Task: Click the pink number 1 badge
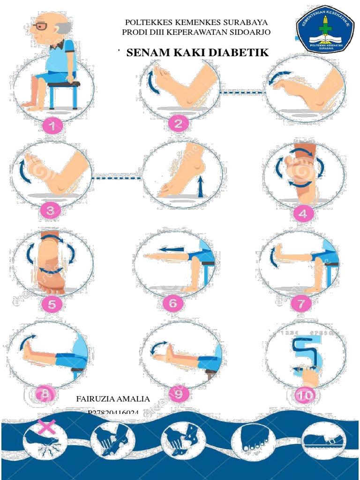(x=53, y=125)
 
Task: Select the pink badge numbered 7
(x=300, y=303)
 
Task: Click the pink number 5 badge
(x=52, y=305)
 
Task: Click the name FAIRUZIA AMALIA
(x=113, y=399)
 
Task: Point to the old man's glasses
(x=41, y=26)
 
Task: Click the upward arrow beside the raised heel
(x=200, y=187)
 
